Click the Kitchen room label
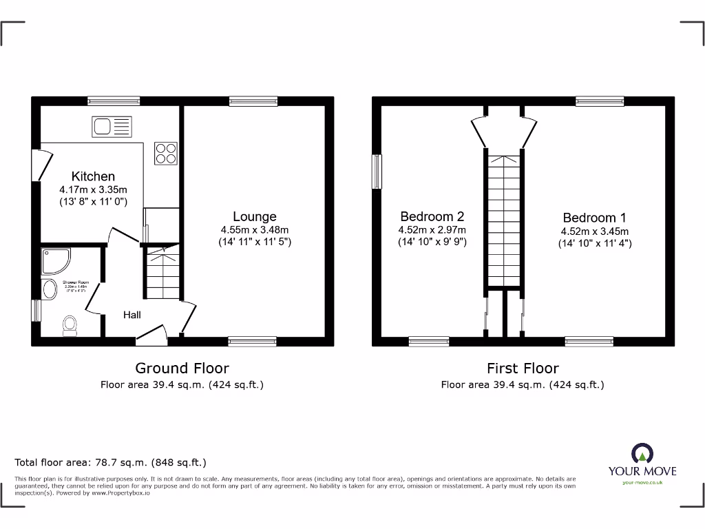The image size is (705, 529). (x=93, y=176)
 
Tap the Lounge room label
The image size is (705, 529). (x=254, y=216)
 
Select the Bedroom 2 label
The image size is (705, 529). (x=432, y=216)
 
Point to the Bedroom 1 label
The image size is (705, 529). (x=595, y=218)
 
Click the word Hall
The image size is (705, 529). (x=132, y=315)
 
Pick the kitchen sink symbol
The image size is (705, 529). (x=112, y=127)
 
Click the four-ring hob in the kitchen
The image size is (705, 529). (x=166, y=153)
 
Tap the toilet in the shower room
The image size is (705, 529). (x=70, y=325)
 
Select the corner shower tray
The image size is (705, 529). (x=56, y=262)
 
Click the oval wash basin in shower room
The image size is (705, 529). (x=50, y=290)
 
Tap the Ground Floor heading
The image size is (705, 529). (x=182, y=369)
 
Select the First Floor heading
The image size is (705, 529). (x=523, y=369)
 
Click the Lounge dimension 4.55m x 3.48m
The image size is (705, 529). (x=254, y=230)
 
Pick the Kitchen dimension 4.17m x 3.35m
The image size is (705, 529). (x=93, y=189)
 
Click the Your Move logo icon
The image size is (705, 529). (x=642, y=454)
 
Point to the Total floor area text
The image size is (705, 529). (x=110, y=463)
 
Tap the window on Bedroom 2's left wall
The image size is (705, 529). (x=377, y=171)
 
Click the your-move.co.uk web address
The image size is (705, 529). (x=642, y=483)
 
